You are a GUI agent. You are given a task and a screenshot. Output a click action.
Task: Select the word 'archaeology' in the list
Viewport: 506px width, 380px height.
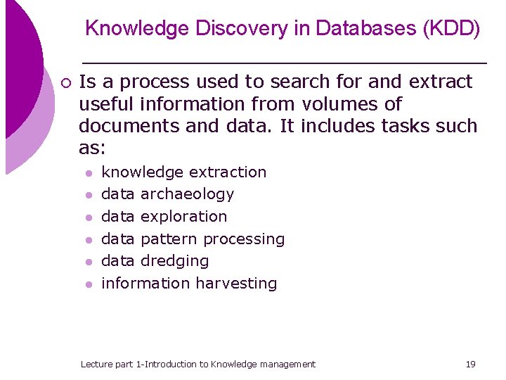click(187, 194)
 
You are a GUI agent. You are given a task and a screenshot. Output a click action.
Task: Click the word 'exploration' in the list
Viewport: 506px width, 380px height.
click(183, 217)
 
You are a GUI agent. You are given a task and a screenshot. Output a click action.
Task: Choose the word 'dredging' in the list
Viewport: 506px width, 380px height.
click(174, 261)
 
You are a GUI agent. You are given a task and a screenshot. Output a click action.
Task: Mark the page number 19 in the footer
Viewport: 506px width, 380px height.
click(470, 364)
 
